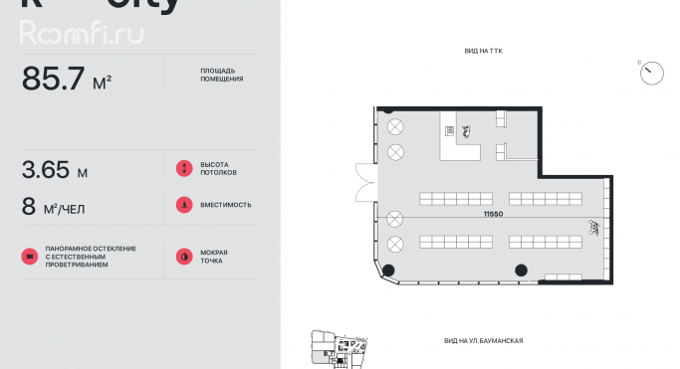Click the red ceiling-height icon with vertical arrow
pos(183,169)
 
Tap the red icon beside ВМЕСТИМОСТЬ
pos(183,205)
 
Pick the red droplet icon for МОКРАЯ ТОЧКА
pos(183,256)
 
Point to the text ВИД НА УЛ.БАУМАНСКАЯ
pos(483,341)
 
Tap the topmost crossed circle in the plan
pos(395,126)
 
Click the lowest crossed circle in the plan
pos(395,244)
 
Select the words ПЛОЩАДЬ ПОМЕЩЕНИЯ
pos(221,76)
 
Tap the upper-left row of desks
pos(454,197)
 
